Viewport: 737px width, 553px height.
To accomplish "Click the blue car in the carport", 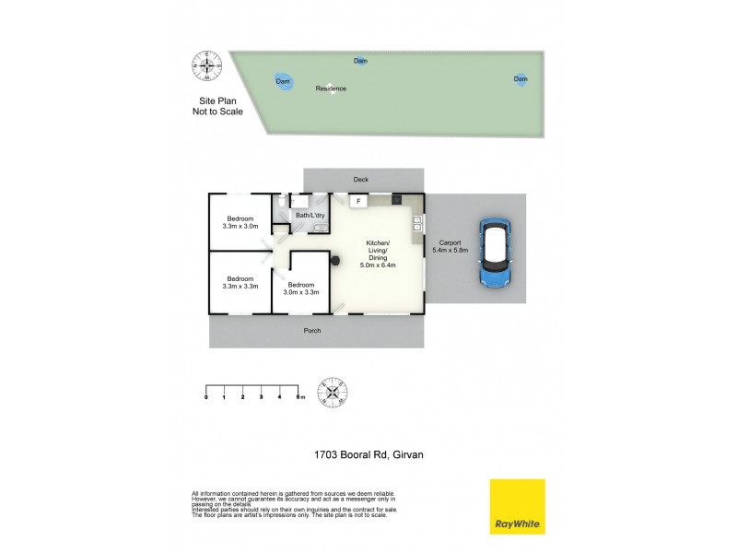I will click(496, 253).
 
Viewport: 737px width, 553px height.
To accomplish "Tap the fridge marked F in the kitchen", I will click(357, 200).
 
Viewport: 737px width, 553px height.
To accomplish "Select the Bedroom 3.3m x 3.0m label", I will click(240, 221).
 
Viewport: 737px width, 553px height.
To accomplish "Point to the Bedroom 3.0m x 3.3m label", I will click(302, 288).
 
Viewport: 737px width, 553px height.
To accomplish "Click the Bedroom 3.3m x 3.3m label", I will click(240, 282).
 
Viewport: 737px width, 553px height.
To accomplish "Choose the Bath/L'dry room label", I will click(308, 215).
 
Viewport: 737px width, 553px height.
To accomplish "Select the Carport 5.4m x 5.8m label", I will click(450, 246).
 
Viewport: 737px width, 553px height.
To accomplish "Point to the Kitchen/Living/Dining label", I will click(377, 253).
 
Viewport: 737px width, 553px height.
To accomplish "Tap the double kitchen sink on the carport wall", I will click(417, 223).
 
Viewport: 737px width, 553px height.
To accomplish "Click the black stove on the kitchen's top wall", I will click(396, 199).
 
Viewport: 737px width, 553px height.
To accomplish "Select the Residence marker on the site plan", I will click(331, 88).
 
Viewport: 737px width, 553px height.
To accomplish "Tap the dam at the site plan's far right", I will click(521, 79).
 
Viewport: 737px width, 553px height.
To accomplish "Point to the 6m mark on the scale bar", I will click(299, 396).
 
